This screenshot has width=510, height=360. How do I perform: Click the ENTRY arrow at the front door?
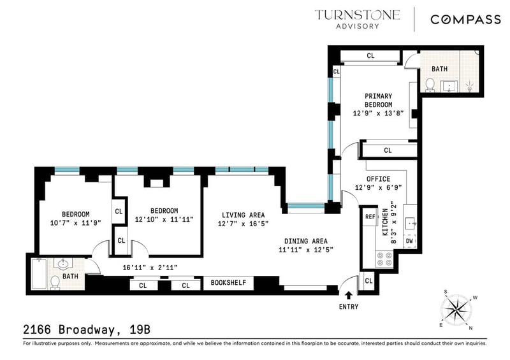pos(348,295)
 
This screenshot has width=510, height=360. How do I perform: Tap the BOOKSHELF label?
pos(228,283)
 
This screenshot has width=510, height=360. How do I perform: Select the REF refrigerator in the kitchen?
pos(370,217)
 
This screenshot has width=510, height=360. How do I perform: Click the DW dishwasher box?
pos(409,241)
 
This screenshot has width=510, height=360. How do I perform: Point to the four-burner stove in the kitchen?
pos(384,259)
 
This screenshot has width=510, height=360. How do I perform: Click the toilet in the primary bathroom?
pos(430,85)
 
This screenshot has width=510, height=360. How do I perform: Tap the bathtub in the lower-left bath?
pos(39,273)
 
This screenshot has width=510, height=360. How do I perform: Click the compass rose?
pos(456,309)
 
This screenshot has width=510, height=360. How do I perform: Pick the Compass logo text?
pos(465,20)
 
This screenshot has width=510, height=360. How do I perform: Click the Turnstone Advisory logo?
pos(357,20)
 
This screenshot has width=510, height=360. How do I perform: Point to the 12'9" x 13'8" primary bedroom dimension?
pos(378,113)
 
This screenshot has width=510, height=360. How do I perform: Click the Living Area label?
pos(243,215)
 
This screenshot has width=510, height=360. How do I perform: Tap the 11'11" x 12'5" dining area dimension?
pos(306,250)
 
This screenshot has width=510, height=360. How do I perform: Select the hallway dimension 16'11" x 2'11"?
pos(150,268)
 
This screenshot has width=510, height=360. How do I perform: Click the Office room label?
pos(378,179)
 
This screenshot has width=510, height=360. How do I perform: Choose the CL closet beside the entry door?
pos(368,280)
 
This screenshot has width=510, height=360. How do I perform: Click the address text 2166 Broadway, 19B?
pos(87,329)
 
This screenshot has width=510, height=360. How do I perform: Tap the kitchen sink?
pos(410,224)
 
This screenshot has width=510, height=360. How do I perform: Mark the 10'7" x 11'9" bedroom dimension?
pos(76,223)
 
